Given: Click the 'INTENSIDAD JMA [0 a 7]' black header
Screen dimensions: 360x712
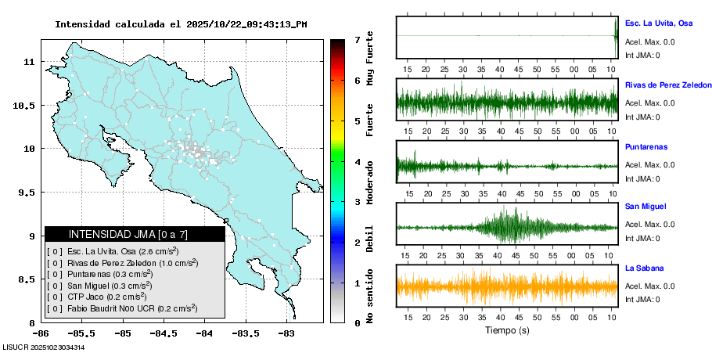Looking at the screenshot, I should coord(135,234).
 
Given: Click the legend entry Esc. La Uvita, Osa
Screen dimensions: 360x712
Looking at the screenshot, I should coord(122,252).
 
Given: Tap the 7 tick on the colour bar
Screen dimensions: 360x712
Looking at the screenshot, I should coord(357,39).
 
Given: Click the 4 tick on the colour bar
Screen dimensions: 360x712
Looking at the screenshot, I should coord(357,162).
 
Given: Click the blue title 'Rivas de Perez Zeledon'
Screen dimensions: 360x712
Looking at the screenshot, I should coord(668,85).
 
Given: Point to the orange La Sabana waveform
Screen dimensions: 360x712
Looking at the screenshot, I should coord(507,286).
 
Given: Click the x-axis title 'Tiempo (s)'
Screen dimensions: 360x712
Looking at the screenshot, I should coord(507,330).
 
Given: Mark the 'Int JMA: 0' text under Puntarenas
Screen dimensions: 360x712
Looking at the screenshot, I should coord(642,178).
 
